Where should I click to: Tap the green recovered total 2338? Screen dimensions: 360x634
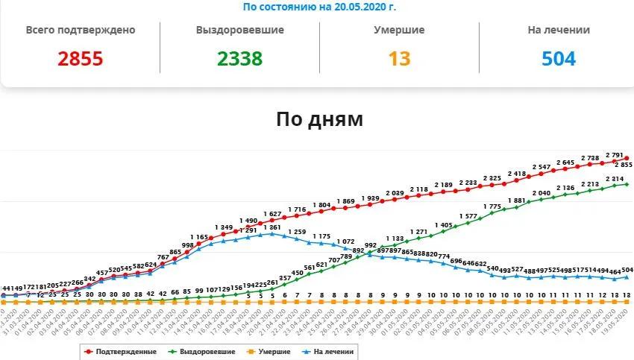click(240, 59)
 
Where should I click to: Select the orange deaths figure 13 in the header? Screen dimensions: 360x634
click(399, 59)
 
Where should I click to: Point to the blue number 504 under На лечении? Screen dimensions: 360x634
click(558, 59)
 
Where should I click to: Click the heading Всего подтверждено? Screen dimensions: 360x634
click(81, 31)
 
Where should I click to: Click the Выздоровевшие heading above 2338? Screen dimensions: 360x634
click(240, 31)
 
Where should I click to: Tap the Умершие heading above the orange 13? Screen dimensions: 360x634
click(399, 31)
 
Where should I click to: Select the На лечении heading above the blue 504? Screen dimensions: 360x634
click(558, 31)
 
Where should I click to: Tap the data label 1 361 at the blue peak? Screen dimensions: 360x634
click(274, 227)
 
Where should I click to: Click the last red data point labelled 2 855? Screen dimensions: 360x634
click(627, 158)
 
